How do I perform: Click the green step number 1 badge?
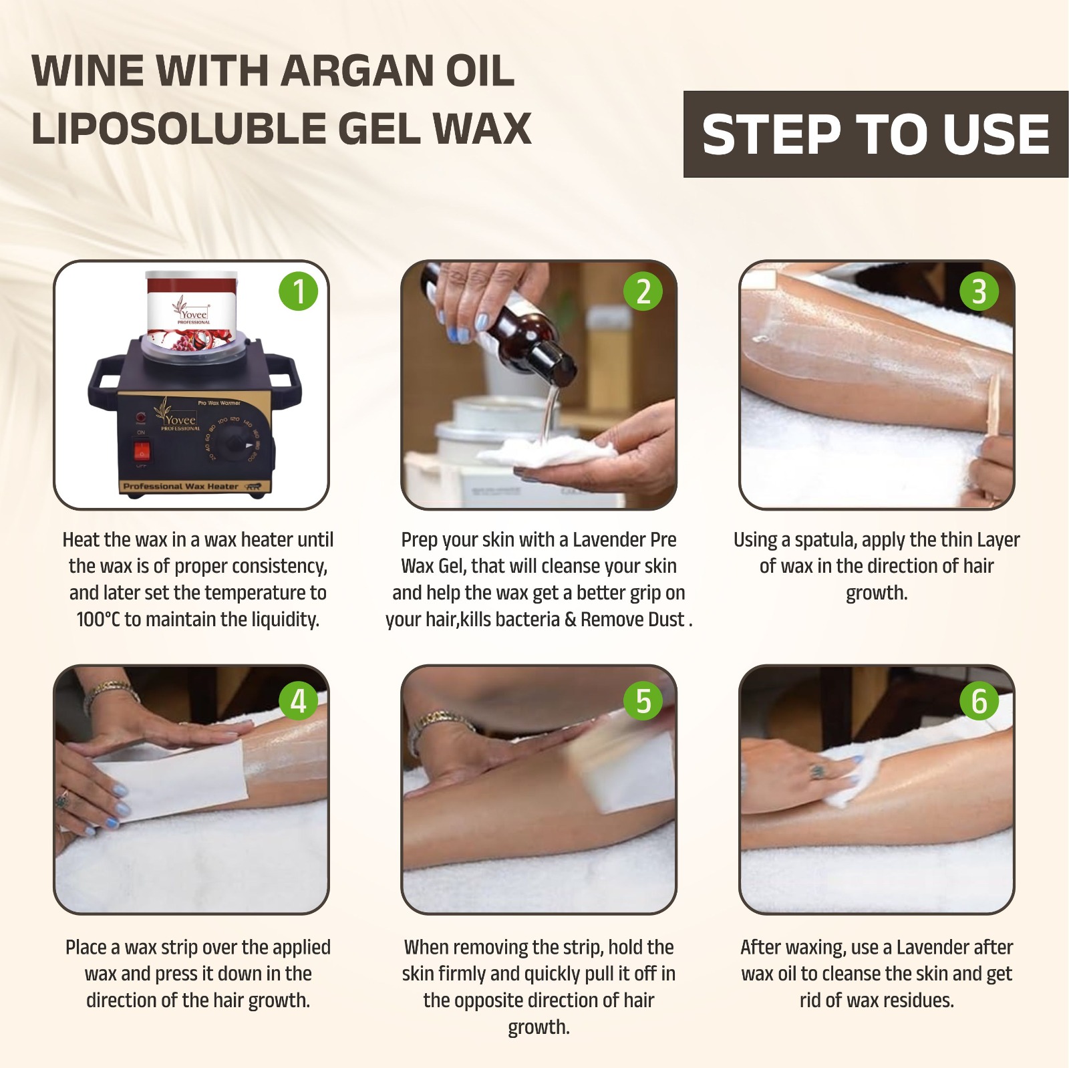click(299, 291)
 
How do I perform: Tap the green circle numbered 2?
click(643, 291)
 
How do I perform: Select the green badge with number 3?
click(979, 291)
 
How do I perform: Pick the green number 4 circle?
click(299, 701)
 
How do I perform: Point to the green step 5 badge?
click(643, 701)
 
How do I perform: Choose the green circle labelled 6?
click(979, 701)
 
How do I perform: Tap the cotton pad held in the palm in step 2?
click(548, 452)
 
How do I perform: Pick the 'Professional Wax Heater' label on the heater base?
click(180, 487)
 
